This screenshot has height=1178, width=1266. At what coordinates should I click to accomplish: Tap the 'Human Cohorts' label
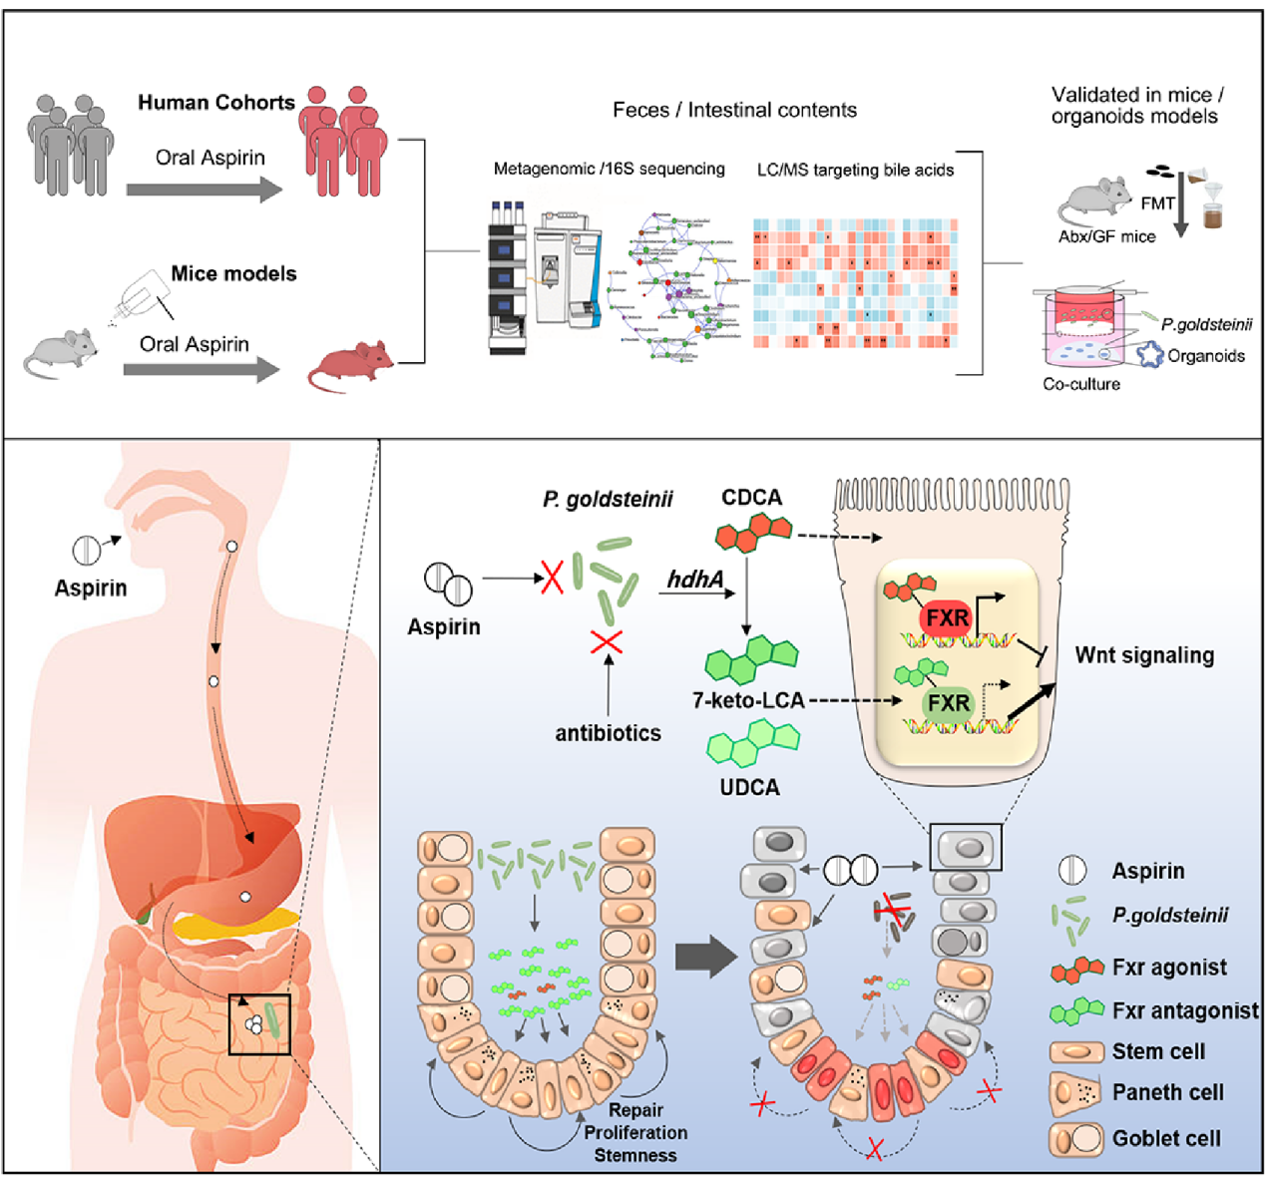215,103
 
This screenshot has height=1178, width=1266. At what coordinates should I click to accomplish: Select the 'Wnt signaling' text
1144,655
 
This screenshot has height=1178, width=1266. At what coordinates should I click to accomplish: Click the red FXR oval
947,618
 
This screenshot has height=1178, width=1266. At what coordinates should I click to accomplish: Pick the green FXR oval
948,703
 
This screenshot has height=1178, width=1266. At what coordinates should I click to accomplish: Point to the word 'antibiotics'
608,733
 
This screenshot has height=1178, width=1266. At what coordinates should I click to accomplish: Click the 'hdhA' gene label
694,579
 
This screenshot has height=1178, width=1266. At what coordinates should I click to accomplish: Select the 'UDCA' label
749,787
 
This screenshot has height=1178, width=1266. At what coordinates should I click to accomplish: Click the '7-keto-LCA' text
748,700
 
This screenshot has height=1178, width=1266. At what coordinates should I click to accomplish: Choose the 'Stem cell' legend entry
1158,1051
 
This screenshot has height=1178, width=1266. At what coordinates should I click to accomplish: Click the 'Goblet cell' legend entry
1166,1138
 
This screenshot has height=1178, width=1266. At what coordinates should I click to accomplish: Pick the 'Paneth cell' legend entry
1167,1093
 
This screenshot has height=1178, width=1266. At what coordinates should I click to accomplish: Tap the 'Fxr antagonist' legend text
1185,1010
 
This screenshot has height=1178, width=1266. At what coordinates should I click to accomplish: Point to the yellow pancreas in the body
234,925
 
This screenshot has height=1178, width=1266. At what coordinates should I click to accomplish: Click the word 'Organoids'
1206,356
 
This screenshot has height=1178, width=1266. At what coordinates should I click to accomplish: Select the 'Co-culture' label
1081,384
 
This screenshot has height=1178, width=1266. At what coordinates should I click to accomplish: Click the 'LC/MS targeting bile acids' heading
855,170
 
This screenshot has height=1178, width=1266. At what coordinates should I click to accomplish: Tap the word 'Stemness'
635,1155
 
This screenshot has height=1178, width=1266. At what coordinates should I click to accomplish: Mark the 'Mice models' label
233,273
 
